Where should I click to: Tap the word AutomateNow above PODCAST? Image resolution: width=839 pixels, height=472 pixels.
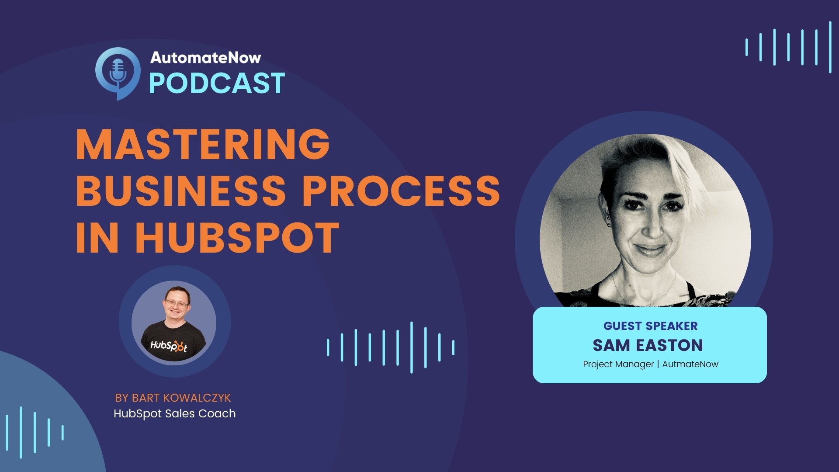[205, 58]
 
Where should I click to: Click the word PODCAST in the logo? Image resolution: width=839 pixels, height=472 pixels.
[217, 83]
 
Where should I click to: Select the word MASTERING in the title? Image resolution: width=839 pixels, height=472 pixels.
[203, 145]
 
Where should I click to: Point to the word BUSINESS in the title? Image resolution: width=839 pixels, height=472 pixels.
[180, 191]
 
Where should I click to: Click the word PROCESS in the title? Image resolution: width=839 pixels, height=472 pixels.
[401, 191]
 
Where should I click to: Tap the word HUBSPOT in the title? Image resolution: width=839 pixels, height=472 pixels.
[237, 238]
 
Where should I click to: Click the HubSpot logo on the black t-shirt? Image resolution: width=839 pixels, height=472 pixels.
[169, 346]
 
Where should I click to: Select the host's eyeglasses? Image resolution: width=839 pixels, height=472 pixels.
[177, 302]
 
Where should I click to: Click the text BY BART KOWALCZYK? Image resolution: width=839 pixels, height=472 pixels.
[173, 398]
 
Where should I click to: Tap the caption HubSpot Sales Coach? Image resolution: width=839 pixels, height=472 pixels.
[174, 413]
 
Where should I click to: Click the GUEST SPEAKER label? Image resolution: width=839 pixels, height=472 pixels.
[650, 326]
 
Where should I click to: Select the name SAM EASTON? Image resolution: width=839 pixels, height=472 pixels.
[648, 345]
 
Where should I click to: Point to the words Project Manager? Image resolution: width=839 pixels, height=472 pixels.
[618, 364]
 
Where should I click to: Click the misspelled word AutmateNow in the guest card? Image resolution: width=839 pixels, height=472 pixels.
[690, 364]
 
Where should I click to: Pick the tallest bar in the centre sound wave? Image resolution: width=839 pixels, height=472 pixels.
[411, 347]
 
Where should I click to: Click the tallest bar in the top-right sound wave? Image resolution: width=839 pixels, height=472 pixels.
[830, 47]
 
